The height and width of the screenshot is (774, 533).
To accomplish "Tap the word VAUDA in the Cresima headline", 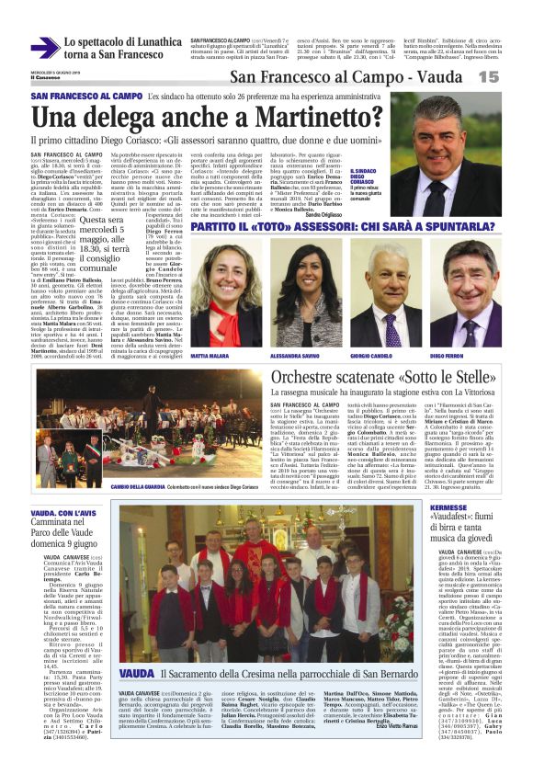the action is (137, 701).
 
